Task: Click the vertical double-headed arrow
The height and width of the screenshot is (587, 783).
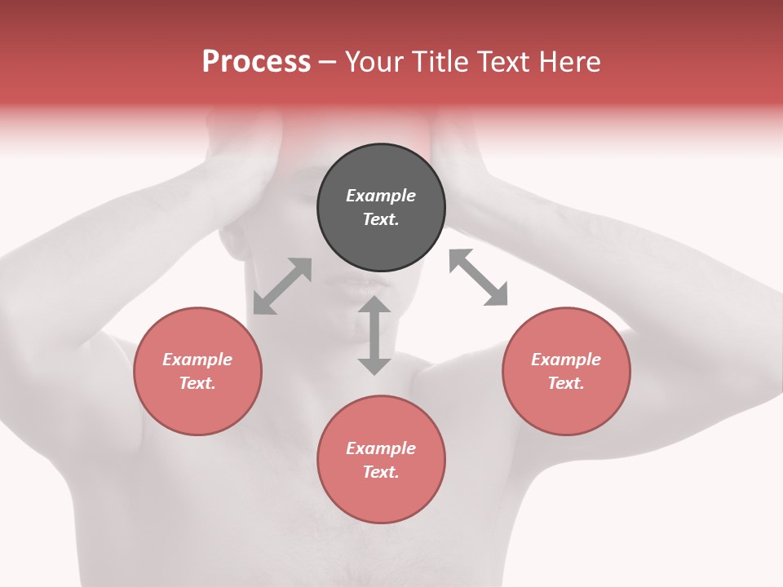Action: click(374, 335)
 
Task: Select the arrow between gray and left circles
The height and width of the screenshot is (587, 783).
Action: click(282, 286)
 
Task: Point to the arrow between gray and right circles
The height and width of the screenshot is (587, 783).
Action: click(479, 277)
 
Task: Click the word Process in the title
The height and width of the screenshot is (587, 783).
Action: click(256, 61)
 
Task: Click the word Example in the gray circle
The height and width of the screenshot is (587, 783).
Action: click(381, 196)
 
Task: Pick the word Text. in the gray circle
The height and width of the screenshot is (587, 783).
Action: click(381, 219)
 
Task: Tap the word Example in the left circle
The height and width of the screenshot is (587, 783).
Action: click(197, 360)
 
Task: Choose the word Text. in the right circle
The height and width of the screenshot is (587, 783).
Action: click(566, 383)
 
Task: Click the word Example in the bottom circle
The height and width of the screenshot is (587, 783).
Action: click(381, 448)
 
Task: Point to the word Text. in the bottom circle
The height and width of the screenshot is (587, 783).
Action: click(381, 472)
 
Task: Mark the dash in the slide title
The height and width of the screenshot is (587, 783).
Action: click(328, 62)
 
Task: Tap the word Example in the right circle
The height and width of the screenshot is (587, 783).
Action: click(566, 360)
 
